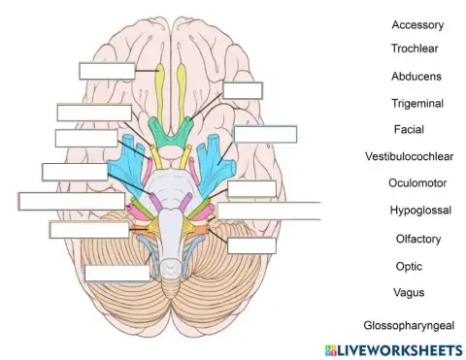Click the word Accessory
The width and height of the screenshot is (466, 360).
coord(417,24)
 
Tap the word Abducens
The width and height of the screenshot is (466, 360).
coord(416,76)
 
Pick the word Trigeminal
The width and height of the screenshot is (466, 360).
coord(417,102)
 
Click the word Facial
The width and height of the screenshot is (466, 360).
coord(409,129)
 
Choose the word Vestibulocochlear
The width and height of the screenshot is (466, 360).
coord(410,156)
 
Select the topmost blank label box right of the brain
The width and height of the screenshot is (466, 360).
coord(242,91)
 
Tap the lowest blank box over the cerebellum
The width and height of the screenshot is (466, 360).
coord(117,273)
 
